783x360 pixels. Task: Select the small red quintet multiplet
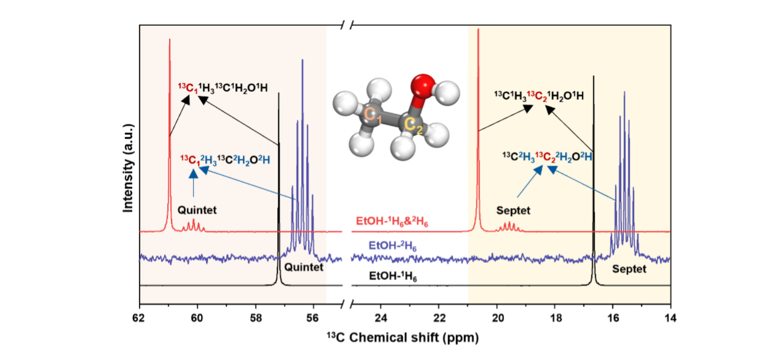[x=193, y=225]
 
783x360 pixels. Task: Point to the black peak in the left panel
[x=279, y=184]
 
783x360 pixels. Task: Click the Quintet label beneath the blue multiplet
[x=303, y=268]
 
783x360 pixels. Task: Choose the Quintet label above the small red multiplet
[x=197, y=210]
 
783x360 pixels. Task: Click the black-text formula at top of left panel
[x=223, y=88]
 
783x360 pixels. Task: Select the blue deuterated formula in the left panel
[x=225, y=160]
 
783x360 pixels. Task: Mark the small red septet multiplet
[x=510, y=226]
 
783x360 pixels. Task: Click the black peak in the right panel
[x=593, y=184]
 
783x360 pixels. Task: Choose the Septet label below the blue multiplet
[x=629, y=269]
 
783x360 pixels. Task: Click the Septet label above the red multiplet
[x=513, y=210]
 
